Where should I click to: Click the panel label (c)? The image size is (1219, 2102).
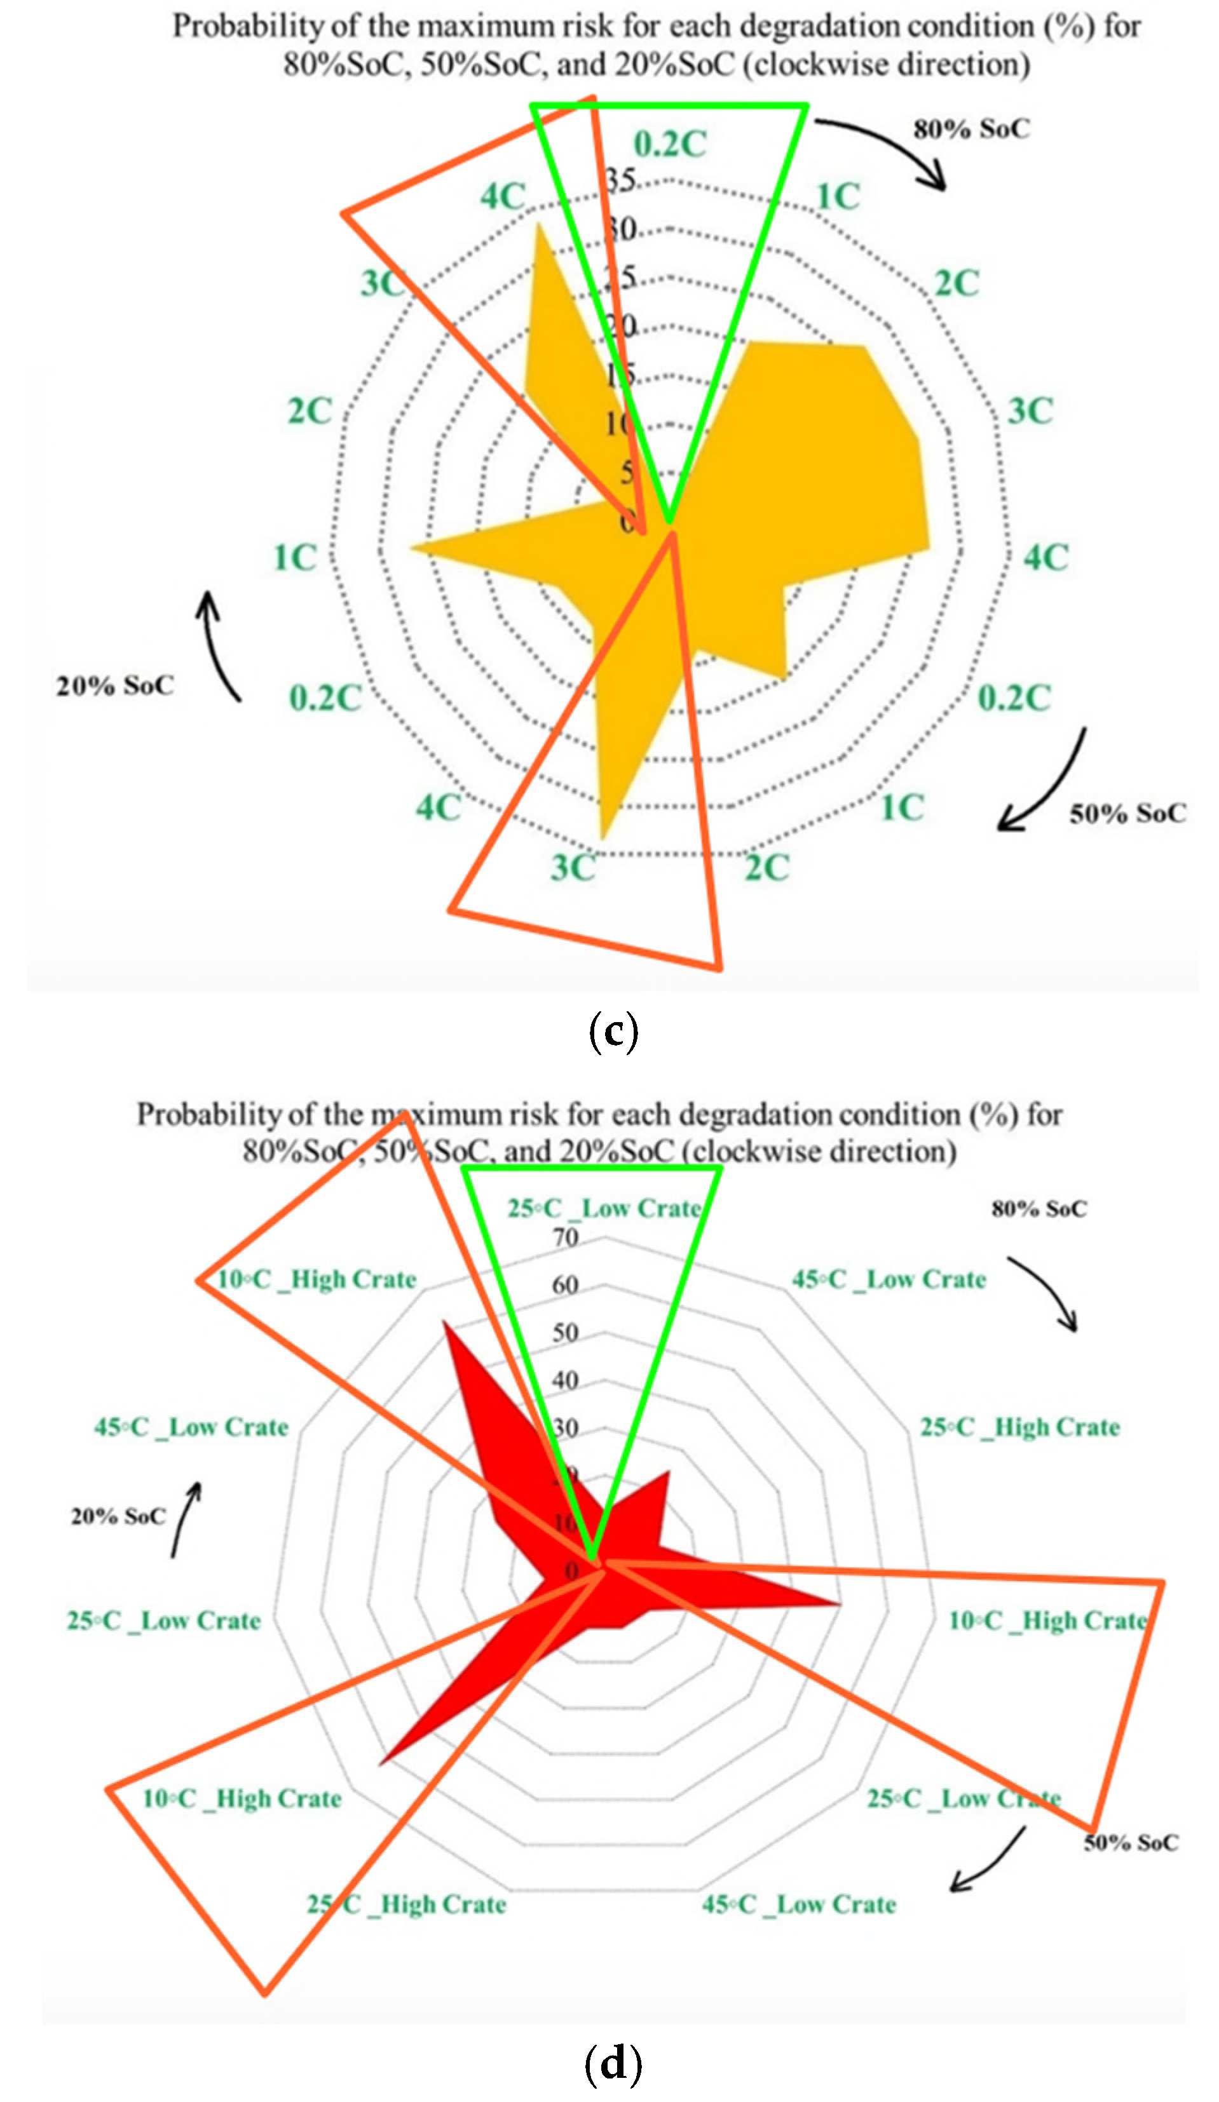pyautogui.click(x=613, y=1032)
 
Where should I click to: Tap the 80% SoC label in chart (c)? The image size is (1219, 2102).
pyautogui.click(x=971, y=130)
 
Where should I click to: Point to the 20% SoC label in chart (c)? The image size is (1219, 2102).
pyautogui.click(x=115, y=685)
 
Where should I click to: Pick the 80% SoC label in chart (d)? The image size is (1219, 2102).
pyautogui.click(x=1039, y=1209)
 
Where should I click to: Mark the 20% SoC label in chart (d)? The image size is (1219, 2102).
pyautogui.click(x=118, y=1516)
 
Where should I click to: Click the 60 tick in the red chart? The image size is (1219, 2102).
pyautogui.click(x=565, y=1285)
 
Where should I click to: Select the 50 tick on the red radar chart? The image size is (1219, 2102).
pyautogui.click(x=565, y=1333)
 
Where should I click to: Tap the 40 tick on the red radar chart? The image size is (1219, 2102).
pyautogui.click(x=565, y=1380)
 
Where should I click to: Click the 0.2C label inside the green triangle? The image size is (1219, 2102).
pyautogui.click(x=670, y=144)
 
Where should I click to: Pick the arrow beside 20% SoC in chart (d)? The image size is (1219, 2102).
pyautogui.click(x=185, y=1518)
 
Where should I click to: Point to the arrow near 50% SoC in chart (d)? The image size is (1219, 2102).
pyautogui.click(x=989, y=1860)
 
